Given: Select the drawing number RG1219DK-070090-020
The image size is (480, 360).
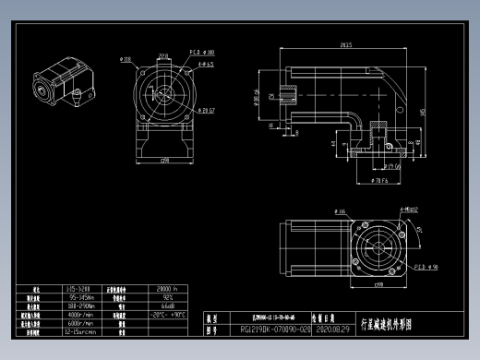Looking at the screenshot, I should tap(275, 328).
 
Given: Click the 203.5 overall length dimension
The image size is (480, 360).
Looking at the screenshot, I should tap(345, 44).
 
